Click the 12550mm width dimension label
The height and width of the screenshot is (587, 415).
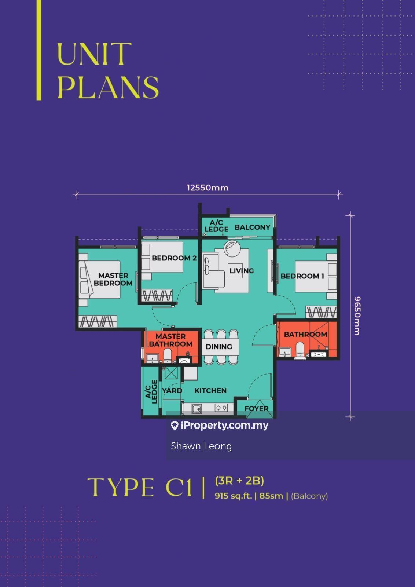click(x=207, y=188)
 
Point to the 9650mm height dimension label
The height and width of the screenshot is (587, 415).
click(x=357, y=316)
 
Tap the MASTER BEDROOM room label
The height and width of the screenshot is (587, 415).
click(x=113, y=279)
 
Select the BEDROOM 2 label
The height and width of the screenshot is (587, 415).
click(x=174, y=258)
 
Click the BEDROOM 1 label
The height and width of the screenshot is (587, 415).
click(x=302, y=276)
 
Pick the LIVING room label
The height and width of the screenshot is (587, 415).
click(x=242, y=271)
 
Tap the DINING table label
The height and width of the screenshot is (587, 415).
click(x=218, y=347)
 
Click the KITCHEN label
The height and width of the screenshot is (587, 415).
click(x=210, y=391)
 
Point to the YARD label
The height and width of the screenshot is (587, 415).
click(x=172, y=391)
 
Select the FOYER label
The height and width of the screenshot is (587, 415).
click(x=256, y=409)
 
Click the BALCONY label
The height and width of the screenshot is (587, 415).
click(x=252, y=227)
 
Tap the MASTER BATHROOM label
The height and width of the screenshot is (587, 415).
click(x=171, y=340)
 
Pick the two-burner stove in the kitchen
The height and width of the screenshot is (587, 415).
click(x=221, y=408)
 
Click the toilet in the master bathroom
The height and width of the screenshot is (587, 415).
click(x=168, y=355)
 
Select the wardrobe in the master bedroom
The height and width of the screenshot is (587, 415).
click(x=98, y=321)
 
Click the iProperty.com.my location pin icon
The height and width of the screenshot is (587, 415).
click(x=175, y=426)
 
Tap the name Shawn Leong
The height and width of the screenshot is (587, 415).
click(x=201, y=446)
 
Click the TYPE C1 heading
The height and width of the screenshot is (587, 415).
click(x=140, y=487)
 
